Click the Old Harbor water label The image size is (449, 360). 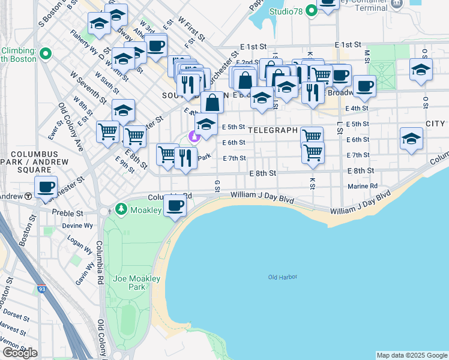283,277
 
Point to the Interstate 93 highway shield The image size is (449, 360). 42,289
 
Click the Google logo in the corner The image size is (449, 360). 20,353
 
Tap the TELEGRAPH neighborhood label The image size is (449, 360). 273,130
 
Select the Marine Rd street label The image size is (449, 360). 363,187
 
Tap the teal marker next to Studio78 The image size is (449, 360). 311,10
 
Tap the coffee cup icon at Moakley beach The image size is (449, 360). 175,205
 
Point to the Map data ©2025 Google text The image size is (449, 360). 411,355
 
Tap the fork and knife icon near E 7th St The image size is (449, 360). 185,158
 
